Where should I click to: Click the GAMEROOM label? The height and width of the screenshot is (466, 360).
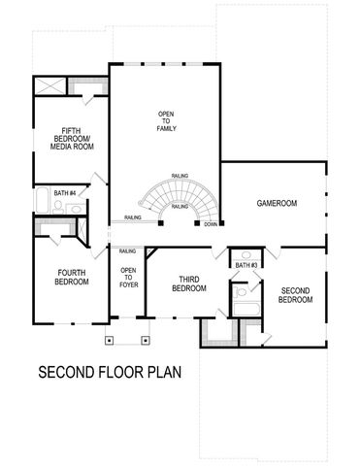[x=277, y=203]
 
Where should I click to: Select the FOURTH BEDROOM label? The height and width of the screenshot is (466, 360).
[x=72, y=277]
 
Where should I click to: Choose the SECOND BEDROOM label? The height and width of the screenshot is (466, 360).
[x=296, y=295]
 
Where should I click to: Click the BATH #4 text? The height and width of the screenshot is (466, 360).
[x=66, y=192]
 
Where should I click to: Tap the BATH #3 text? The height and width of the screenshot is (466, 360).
[x=245, y=265]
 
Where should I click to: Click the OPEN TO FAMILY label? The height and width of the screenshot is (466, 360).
[x=166, y=122]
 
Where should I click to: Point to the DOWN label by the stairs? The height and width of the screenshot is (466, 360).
[x=211, y=224]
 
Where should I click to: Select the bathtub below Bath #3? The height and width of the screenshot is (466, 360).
[x=245, y=310]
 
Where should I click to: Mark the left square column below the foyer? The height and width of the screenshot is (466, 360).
[x=111, y=340]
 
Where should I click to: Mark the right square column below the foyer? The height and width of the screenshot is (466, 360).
[x=146, y=340]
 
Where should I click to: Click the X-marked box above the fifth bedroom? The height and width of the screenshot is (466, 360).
[x=50, y=86]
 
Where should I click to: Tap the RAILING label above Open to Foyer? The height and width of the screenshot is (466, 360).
[x=128, y=251]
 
